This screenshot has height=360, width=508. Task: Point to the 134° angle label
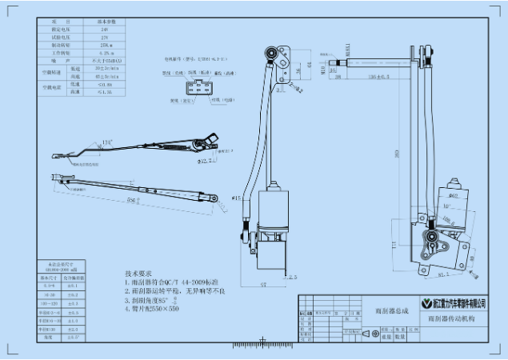[x=106, y=143]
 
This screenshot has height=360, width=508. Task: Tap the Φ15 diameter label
[x=237, y=196]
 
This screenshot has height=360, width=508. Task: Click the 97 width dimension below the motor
[x=263, y=284]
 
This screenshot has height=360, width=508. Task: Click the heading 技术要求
[x=138, y=274]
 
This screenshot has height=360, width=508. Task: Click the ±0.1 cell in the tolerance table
[x=71, y=286]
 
